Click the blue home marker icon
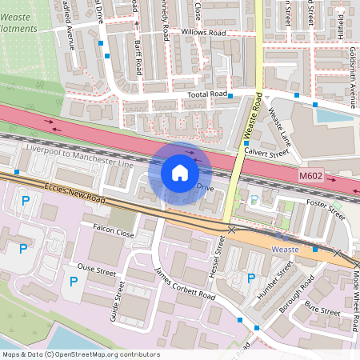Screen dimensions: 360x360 (x=180, y=173)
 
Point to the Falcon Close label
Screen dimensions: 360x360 (x=113, y=233)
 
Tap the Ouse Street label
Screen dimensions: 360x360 (x=96, y=270)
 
